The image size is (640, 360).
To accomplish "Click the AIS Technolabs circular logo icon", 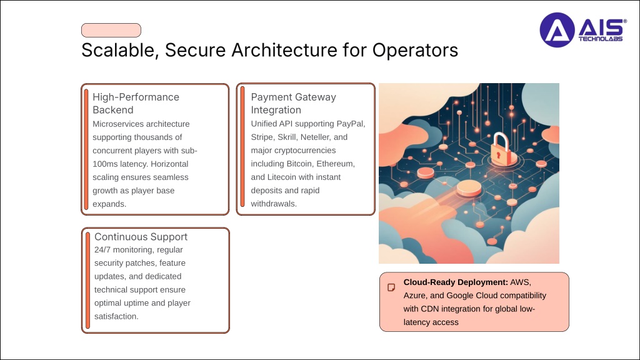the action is point(557,30).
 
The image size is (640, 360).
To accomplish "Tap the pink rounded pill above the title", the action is point(111,30).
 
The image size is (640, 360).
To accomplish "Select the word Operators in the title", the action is point(415,51).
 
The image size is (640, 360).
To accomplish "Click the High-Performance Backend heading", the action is point(136,103).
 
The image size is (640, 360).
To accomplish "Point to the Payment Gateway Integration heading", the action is point(294,103).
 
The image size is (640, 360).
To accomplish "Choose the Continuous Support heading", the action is point(141,237).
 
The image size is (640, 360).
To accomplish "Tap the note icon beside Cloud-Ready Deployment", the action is point(391,287).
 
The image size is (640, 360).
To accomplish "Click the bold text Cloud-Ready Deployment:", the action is point(456,282).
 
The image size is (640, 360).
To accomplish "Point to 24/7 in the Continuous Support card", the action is point(102,250).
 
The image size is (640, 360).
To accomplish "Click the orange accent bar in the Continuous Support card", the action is point(87,281).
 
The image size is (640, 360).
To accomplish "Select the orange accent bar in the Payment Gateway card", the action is point(242,147).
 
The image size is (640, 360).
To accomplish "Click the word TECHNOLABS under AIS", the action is point(601,39).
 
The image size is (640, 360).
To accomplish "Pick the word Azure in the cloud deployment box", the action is point(414,296).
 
